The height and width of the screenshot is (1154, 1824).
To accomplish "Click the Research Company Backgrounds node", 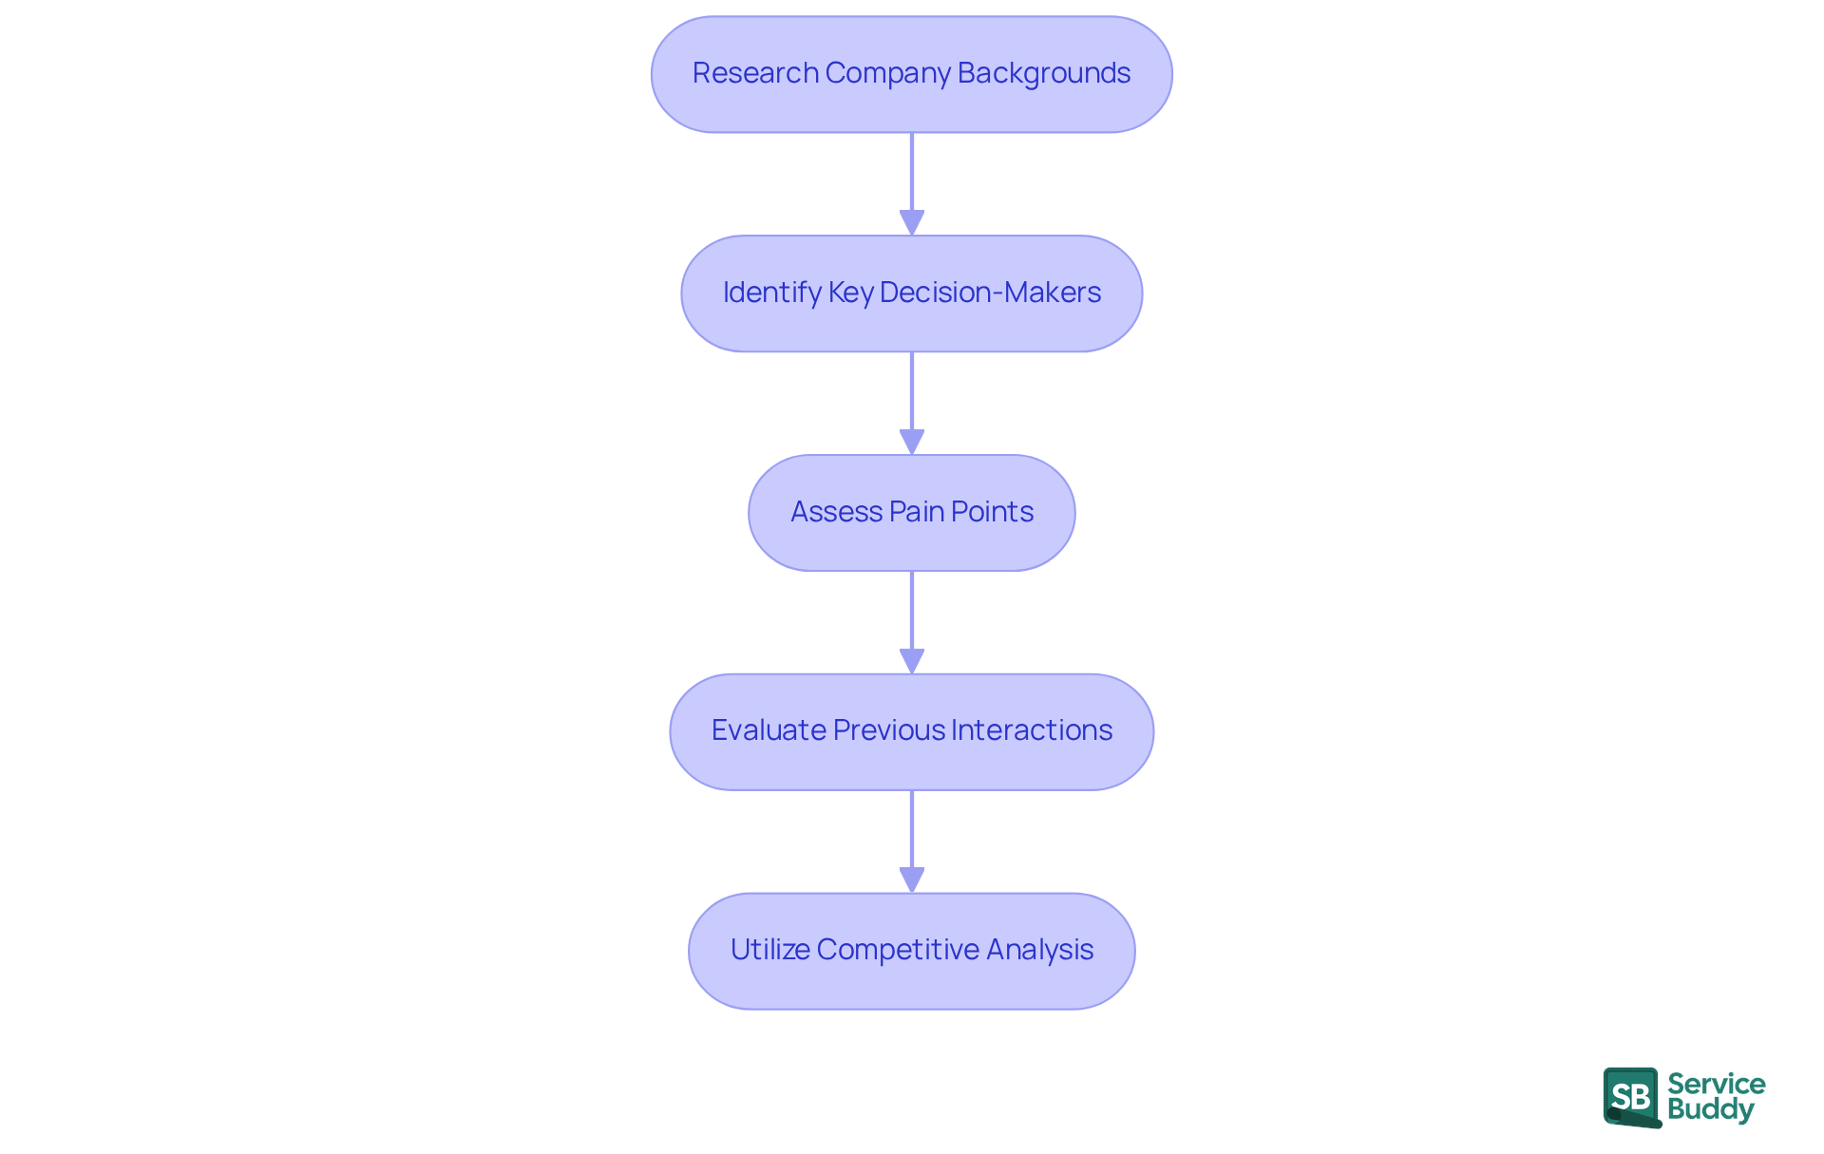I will (911, 74).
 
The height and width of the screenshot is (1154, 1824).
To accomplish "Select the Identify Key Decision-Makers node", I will (911, 293).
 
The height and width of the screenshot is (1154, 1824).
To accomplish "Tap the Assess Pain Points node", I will (911, 513).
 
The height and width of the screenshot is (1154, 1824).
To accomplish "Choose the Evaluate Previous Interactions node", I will (911, 731).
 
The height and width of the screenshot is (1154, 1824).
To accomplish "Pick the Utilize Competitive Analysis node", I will (911, 951).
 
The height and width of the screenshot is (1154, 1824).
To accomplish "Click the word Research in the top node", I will (755, 73).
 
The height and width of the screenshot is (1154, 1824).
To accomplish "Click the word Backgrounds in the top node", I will (1043, 73).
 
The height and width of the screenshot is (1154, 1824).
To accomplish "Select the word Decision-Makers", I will (990, 293).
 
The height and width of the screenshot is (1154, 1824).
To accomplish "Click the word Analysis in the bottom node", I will (1039, 950).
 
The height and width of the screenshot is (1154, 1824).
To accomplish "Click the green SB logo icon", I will (1631, 1097).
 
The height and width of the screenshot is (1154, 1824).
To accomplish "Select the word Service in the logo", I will (1716, 1084).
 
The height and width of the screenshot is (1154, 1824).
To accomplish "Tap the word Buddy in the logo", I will (1710, 1109).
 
